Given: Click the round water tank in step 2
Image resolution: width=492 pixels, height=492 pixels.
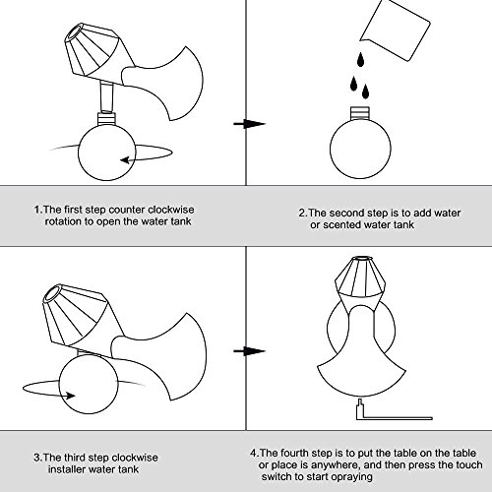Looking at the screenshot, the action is [x=360, y=149].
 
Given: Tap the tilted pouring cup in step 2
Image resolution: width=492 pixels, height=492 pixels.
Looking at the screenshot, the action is [x=396, y=31].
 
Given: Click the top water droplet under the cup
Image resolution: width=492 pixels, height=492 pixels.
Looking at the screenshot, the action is [x=360, y=60].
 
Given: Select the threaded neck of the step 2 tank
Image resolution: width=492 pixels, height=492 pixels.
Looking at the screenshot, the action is [x=360, y=113].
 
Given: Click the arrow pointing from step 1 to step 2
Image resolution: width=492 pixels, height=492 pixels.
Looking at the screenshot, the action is [x=249, y=124].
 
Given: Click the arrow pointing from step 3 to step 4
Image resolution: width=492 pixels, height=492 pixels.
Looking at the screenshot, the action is [x=249, y=351].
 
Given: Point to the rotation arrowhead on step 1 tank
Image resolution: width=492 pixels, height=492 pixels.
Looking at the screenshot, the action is [x=126, y=160].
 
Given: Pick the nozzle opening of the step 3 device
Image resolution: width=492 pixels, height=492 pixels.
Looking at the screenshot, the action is [x=53, y=293].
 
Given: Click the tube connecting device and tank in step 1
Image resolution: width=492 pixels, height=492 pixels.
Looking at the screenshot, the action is [x=107, y=96].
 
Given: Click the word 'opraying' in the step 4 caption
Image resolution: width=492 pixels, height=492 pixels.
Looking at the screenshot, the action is [x=351, y=477].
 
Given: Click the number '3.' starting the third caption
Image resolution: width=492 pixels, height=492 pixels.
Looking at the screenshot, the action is [x=38, y=458].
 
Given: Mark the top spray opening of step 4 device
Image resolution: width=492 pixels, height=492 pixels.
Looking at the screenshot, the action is [x=359, y=258].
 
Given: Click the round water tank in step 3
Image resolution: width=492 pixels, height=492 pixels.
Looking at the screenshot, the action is [x=89, y=385].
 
